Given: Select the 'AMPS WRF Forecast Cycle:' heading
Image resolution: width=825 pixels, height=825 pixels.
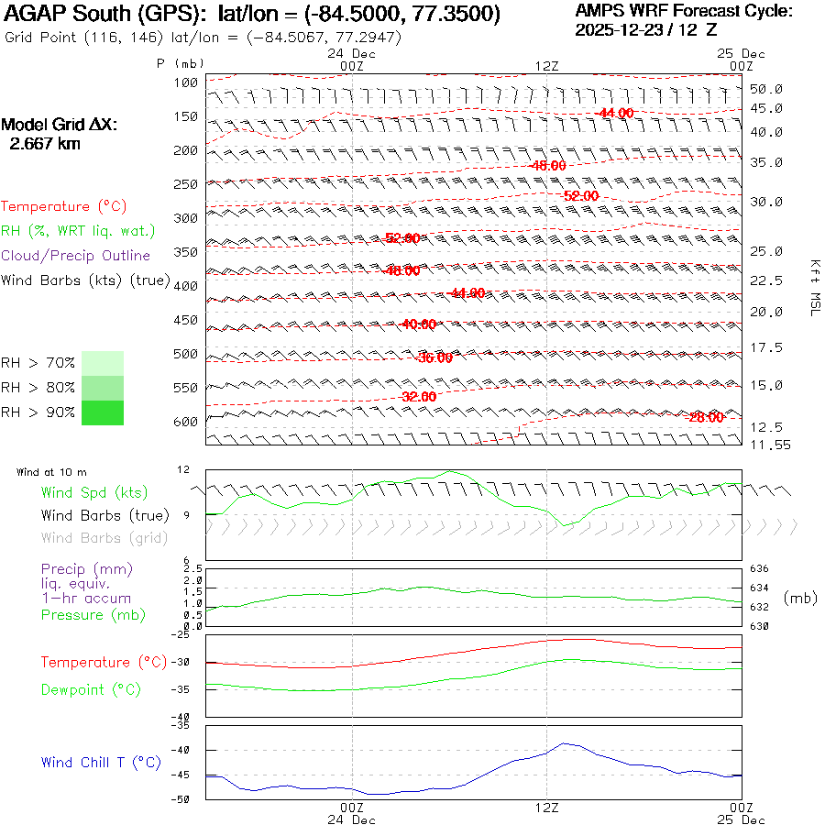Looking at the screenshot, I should (684, 11).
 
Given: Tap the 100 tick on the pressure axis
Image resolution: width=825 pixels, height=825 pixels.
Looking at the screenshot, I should (186, 82).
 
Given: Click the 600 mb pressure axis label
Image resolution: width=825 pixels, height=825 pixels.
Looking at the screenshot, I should (186, 422).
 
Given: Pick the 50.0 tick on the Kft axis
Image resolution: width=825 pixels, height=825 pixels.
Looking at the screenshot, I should (766, 89).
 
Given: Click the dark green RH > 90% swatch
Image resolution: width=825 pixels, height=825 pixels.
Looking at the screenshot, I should (103, 413).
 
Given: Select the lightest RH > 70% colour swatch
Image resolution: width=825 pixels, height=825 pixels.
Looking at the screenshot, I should (103, 362).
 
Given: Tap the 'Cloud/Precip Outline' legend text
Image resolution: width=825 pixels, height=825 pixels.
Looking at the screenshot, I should (76, 255).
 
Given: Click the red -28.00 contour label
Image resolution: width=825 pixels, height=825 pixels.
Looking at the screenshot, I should (704, 417).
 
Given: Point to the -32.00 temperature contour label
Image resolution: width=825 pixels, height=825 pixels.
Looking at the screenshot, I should (418, 397).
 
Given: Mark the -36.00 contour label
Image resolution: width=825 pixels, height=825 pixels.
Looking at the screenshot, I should (434, 357).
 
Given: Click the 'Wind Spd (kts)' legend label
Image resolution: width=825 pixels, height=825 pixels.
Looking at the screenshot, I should (93, 492).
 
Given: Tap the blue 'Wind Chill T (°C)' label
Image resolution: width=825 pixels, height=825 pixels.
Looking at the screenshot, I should (101, 762).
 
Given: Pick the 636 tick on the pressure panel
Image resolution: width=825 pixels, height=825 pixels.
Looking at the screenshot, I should (761, 569).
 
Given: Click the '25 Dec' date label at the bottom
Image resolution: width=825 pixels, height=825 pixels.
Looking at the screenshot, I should (742, 819).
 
